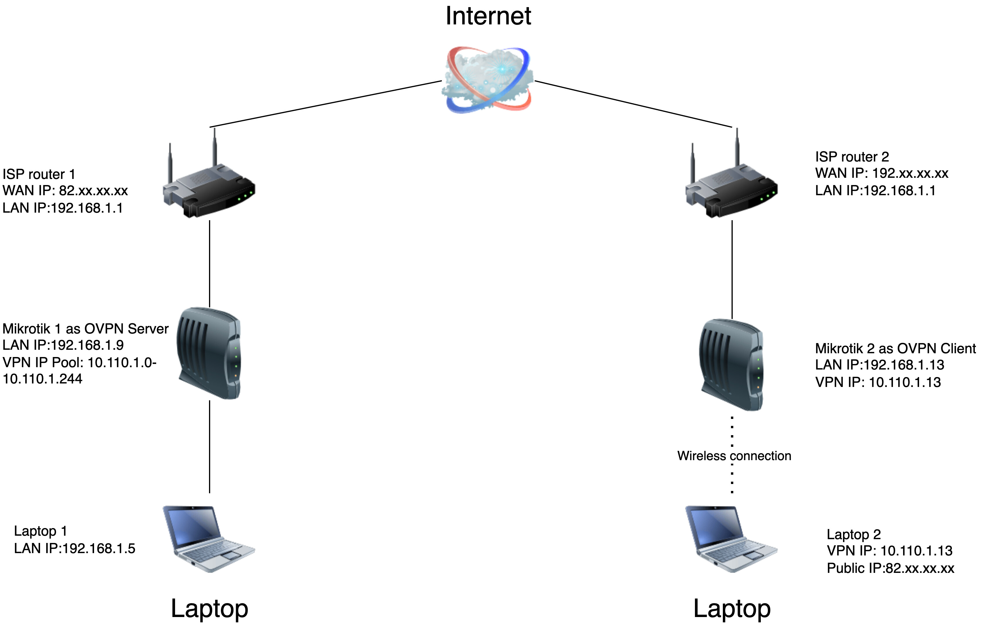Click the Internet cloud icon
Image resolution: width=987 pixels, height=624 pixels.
click(488, 80)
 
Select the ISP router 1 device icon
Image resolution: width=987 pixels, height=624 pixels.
click(209, 189)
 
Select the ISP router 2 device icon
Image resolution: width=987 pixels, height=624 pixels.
click(732, 189)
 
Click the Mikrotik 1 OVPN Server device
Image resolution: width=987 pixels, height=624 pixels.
click(209, 353)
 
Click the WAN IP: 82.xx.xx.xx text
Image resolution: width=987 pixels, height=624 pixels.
click(65, 191)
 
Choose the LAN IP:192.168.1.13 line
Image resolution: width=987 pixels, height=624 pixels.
click(880, 365)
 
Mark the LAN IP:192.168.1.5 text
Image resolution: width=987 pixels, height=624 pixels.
click(75, 548)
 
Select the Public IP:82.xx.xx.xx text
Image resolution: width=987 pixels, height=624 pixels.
click(891, 568)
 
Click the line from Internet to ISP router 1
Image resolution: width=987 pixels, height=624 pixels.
click(326, 104)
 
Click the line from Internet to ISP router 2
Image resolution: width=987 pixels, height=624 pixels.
click(633, 104)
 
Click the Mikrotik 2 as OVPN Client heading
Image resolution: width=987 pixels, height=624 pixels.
click(895, 348)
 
